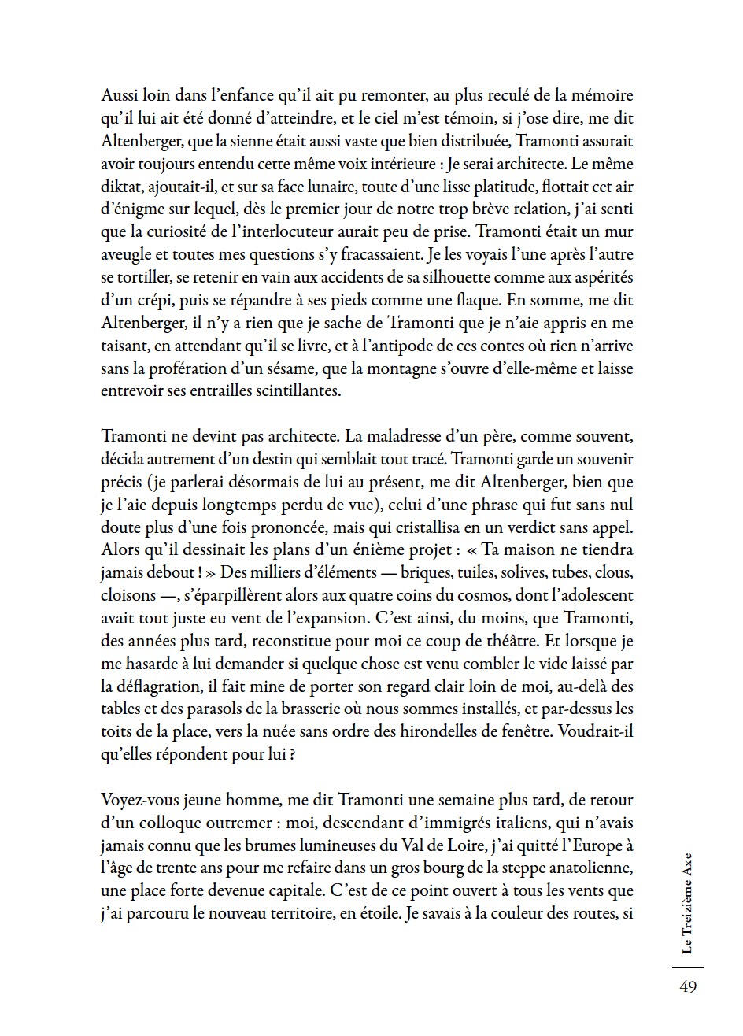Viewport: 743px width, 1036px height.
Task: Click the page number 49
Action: point(687,987)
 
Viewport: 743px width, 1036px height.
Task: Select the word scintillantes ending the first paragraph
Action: point(295,391)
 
